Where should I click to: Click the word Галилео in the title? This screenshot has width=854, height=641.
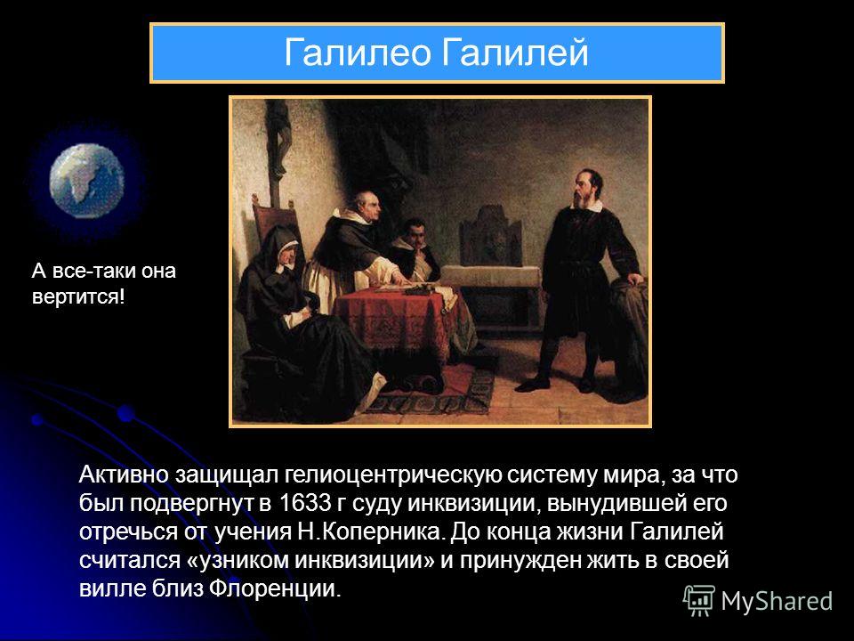[358, 53]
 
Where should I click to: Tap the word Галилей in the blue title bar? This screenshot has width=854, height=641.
[515, 53]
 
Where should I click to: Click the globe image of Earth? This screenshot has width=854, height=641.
[87, 181]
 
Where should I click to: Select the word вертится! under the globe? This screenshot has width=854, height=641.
[78, 297]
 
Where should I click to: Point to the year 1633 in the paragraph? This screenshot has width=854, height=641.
[304, 503]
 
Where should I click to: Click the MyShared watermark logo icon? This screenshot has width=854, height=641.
[699, 601]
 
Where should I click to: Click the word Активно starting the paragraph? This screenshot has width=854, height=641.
[124, 475]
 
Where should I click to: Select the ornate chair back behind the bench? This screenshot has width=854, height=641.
[489, 239]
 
